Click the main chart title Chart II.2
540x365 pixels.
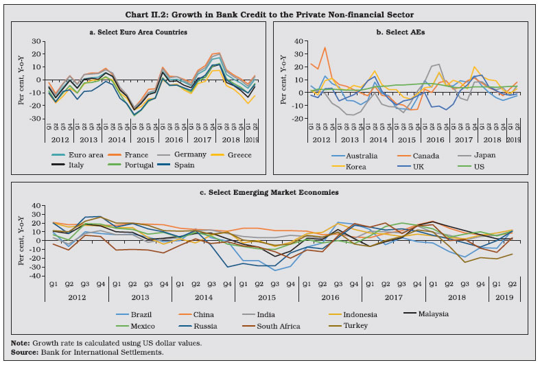click(270, 9)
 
